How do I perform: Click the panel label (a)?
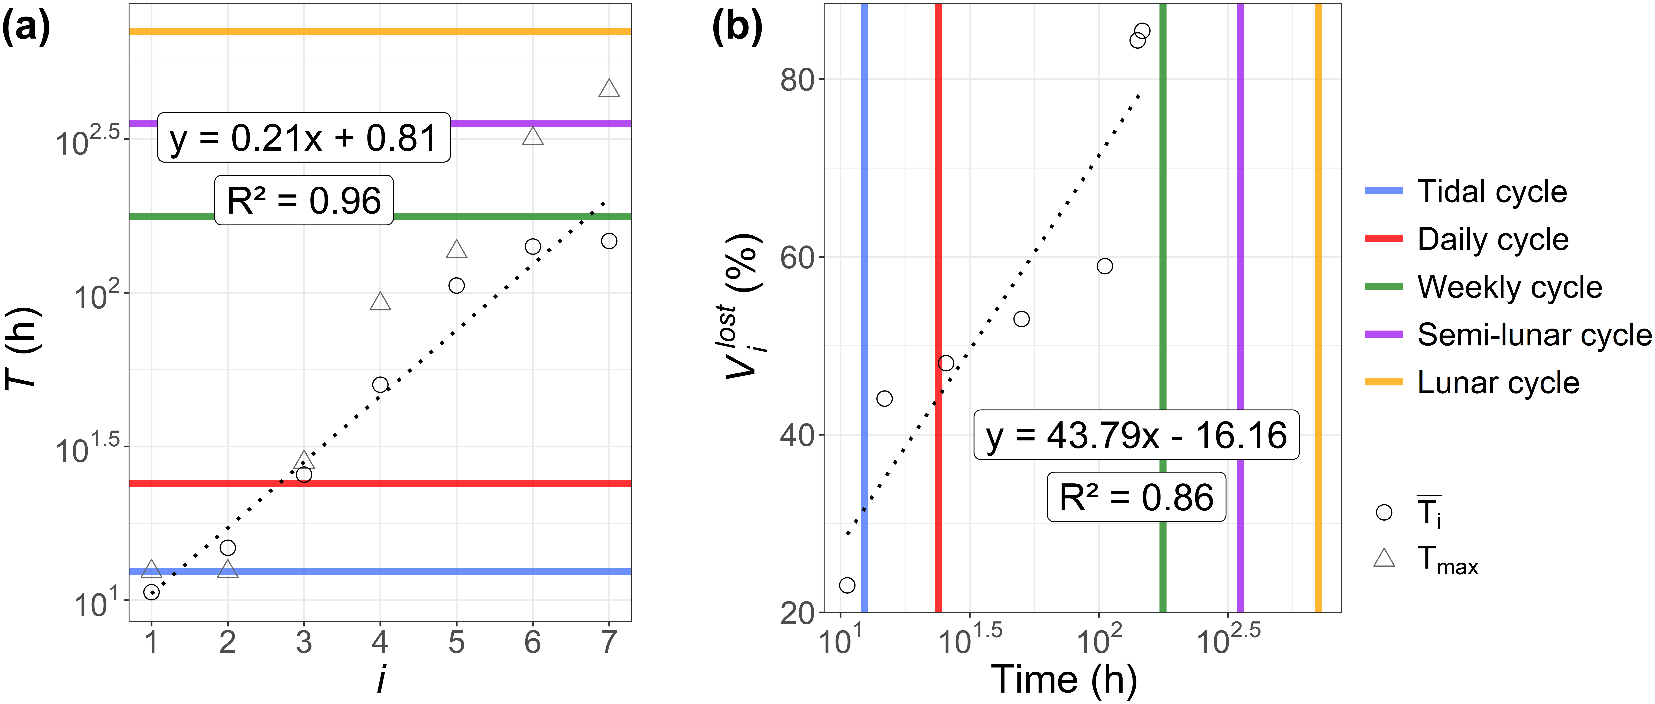[26, 29]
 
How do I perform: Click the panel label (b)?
[737, 29]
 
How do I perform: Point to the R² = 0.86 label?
[1136, 497]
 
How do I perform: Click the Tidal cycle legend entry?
[1466, 192]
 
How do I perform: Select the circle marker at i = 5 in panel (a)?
[456, 285]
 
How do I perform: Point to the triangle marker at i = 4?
[380, 302]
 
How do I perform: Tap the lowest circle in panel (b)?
[847, 585]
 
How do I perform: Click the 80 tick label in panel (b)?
[797, 80]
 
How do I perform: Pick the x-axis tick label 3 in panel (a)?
[304, 642]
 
